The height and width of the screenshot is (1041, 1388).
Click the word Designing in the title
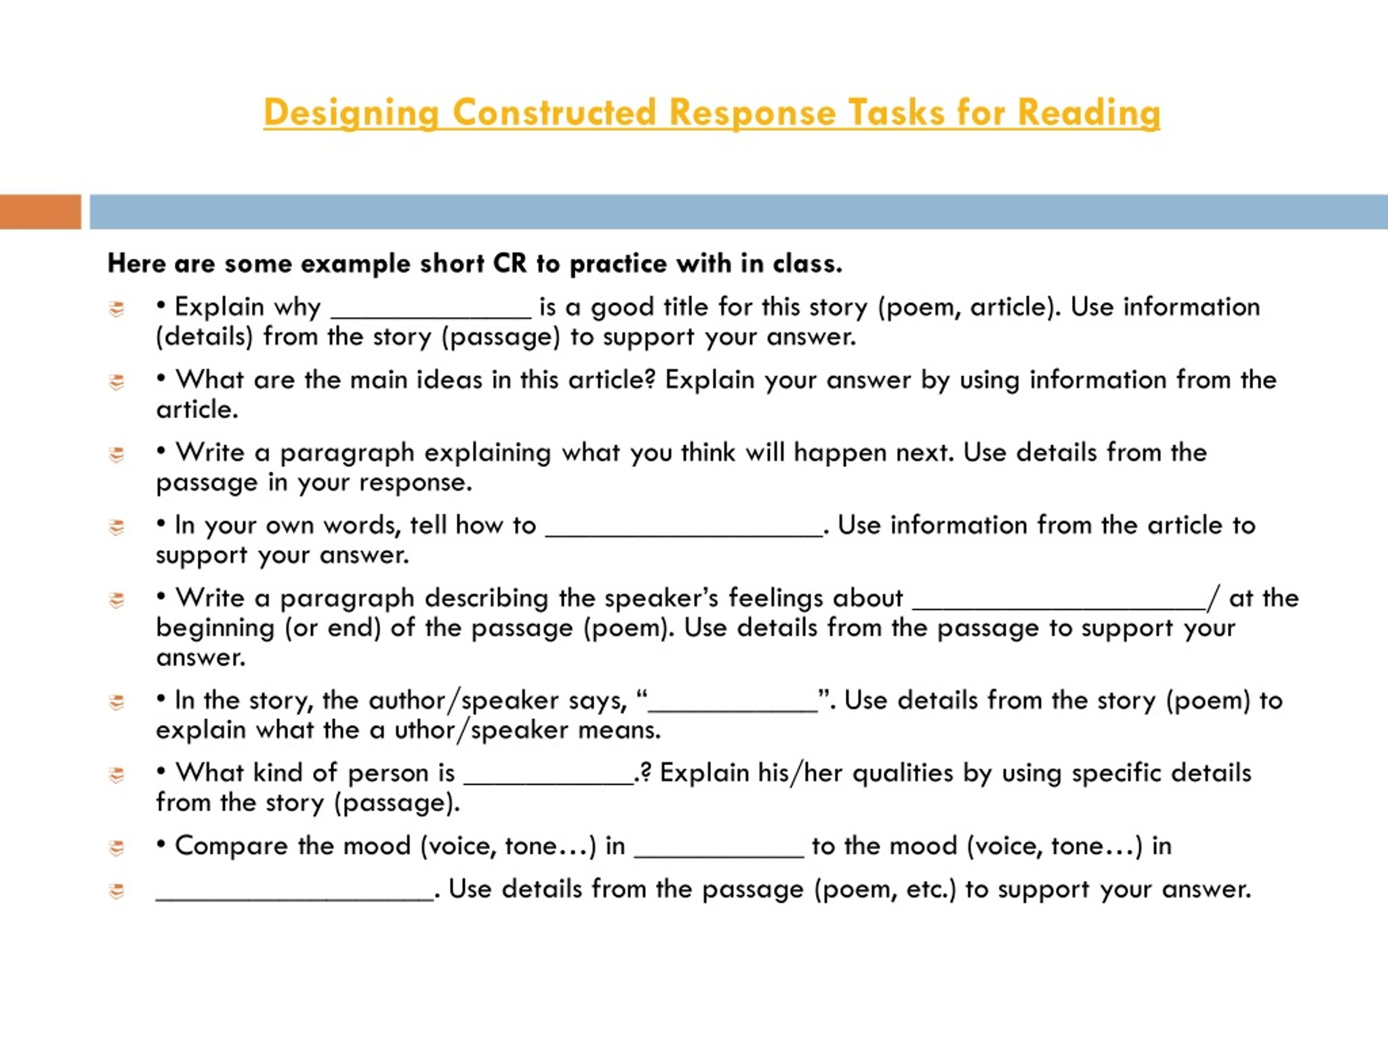coord(351,113)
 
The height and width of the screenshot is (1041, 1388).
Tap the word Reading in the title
coord(1089,113)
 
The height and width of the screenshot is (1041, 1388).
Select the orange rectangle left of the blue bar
coord(40,211)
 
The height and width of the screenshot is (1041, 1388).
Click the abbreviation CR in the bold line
coord(510,264)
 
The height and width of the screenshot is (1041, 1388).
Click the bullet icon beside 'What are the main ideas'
coord(117,382)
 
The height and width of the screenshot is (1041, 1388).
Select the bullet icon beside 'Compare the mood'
coord(117,849)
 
